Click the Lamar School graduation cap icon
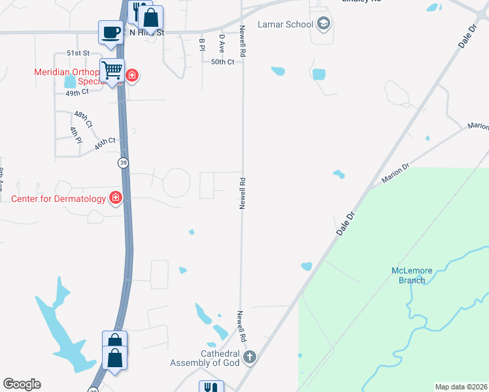323,25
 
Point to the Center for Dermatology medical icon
116,197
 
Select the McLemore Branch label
408,276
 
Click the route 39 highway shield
122,162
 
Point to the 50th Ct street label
222,61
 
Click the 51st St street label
77,52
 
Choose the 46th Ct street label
105,144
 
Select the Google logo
22,384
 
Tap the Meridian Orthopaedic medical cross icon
132,76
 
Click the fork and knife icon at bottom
211,387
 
